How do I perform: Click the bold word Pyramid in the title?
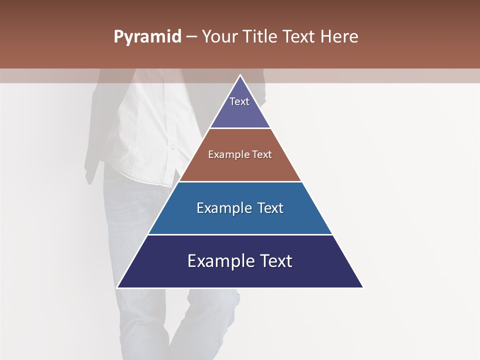click(147, 37)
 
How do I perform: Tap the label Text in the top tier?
click(239, 101)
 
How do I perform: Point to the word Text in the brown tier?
click(262, 154)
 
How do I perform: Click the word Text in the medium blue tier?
click(270, 208)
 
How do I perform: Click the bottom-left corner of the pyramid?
click(117, 287)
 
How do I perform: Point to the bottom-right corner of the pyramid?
click(363, 287)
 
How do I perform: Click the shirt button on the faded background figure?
click(172, 147)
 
